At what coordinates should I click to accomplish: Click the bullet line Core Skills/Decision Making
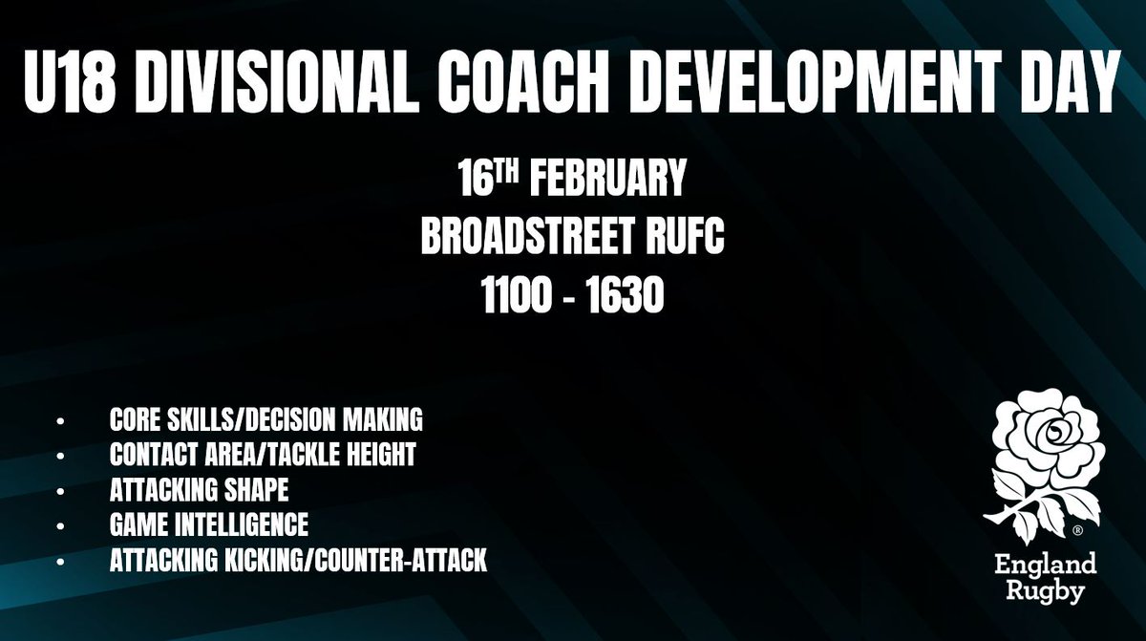tap(266, 420)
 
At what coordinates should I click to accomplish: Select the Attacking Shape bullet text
tap(200, 491)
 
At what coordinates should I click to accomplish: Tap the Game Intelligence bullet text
tap(209, 526)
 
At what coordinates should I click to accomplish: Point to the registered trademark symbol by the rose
tap(1077, 528)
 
